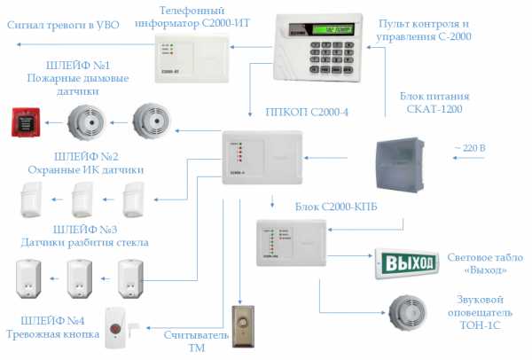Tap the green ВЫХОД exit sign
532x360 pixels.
click(x=407, y=262)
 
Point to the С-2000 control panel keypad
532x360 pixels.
click(x=320, y=57)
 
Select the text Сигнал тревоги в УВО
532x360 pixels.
click(x=62, y=26)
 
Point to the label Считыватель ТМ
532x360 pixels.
click(x=188, y=341)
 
